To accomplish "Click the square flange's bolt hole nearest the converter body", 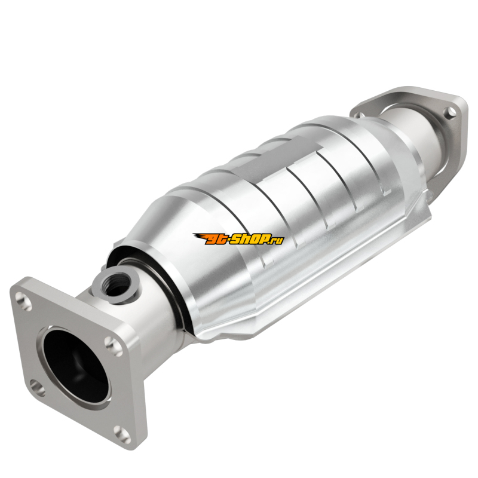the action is (114, 347).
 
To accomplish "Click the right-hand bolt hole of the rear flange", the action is (451, 113).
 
